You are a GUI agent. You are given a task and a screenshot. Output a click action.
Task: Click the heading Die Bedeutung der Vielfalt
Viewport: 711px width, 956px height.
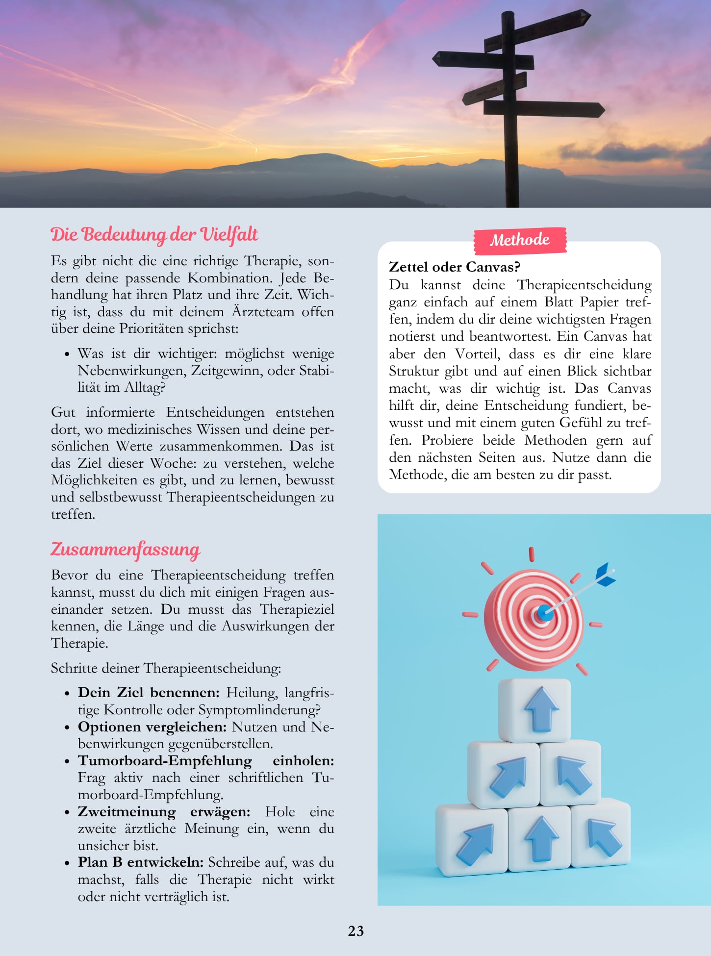click(x=154, y=234)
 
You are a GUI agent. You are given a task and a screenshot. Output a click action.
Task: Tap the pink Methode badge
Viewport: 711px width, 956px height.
click(x=520, y=240)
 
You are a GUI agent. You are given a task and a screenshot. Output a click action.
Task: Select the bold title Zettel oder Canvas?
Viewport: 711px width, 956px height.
click(x=454, y=267)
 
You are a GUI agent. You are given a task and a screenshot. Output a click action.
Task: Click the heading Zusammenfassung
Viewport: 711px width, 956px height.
click(x=126, y=549)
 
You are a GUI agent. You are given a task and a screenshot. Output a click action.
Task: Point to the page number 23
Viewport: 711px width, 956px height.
click(x=355, y=931)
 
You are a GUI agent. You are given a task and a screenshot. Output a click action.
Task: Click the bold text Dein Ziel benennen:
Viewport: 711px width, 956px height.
click(x=149, y=692)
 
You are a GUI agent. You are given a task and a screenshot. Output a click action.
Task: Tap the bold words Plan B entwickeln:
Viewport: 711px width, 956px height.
click(x=140, y=862)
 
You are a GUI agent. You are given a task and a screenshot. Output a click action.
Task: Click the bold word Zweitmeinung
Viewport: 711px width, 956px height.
click(x=127, y=811)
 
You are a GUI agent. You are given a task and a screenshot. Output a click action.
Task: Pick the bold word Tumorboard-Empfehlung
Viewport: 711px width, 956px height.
click(x=165, y=760)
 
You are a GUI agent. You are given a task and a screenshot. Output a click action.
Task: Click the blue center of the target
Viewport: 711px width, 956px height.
click(x=544, y=612)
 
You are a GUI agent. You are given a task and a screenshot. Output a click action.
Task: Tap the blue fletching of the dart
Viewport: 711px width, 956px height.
click(x=606, y=575)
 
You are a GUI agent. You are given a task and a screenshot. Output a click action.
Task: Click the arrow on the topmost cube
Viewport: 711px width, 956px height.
click(x=541, y=708)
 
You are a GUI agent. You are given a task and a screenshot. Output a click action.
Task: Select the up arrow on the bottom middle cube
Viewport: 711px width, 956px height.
click(x=541, y=838)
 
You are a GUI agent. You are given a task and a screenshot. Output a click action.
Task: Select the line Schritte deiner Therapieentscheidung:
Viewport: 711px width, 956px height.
click(x=166, y=668)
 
